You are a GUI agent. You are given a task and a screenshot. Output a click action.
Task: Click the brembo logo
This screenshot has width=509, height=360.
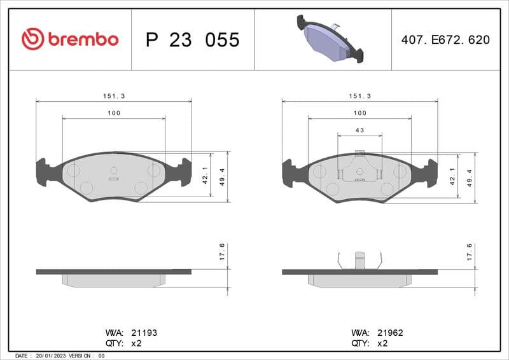point(70,39)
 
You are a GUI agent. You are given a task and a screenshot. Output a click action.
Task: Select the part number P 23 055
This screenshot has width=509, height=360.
point(192,39)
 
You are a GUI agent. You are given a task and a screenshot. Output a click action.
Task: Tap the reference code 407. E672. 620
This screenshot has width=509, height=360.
point(445,39)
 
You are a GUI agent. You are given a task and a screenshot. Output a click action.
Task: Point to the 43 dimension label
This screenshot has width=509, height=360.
point(359,130)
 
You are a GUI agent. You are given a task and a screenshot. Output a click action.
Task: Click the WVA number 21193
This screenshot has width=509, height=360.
point(144,333)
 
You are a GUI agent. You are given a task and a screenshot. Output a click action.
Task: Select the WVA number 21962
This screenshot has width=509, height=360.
point(390,333)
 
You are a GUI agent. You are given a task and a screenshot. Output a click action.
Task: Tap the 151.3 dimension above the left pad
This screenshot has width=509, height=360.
point(114,95)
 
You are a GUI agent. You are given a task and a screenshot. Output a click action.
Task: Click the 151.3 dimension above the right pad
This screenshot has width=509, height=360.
point(359,95)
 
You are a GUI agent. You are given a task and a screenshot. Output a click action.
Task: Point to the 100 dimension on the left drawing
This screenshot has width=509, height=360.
point(114,113)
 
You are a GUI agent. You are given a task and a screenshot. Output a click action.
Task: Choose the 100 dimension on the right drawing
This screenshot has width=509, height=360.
point(359,113)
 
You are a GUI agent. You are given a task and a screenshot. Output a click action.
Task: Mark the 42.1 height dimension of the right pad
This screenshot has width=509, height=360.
point(452,176)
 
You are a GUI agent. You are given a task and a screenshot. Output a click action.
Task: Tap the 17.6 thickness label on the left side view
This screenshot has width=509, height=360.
point(222,253)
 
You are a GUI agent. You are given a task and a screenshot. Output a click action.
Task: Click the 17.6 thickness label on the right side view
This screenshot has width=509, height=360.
point(469,253)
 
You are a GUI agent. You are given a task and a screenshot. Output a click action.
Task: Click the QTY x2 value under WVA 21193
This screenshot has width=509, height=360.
point(136,342)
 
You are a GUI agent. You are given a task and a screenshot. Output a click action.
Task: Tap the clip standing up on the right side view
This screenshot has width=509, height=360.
point(359,260)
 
